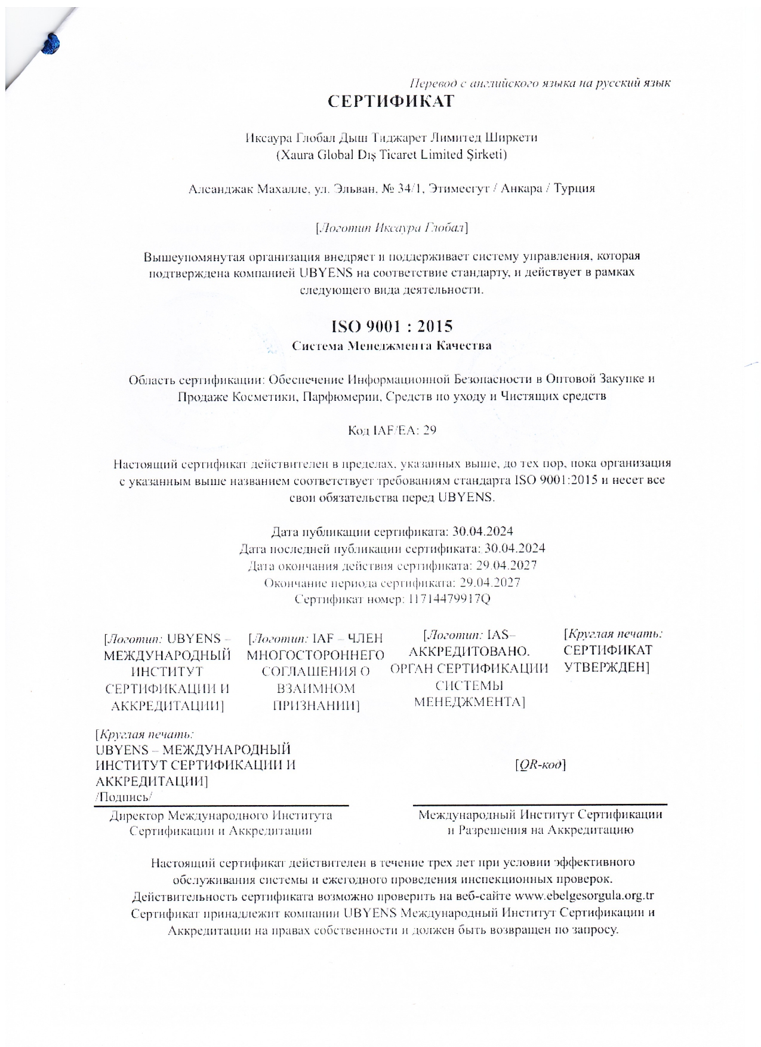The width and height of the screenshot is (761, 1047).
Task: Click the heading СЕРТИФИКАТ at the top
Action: point(391,102)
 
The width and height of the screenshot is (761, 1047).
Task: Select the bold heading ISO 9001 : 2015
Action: point(392,326)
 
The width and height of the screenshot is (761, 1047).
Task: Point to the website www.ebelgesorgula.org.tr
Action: point(584,896)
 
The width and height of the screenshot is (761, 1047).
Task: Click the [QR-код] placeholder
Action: point(540,764)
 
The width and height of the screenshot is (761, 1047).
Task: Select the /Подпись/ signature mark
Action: point(124,797)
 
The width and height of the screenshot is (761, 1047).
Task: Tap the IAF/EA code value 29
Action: point(429,430)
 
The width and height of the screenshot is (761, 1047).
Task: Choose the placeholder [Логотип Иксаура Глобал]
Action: point(391,228)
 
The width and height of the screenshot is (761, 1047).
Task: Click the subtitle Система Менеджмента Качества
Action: point(392,346)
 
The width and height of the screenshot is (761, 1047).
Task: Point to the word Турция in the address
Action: point(574,189)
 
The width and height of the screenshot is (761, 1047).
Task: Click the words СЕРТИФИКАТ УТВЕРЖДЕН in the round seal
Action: point(608,658)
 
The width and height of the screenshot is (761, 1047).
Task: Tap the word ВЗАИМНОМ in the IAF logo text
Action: point(316,689)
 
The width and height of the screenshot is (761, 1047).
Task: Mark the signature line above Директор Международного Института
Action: point(221,806)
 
